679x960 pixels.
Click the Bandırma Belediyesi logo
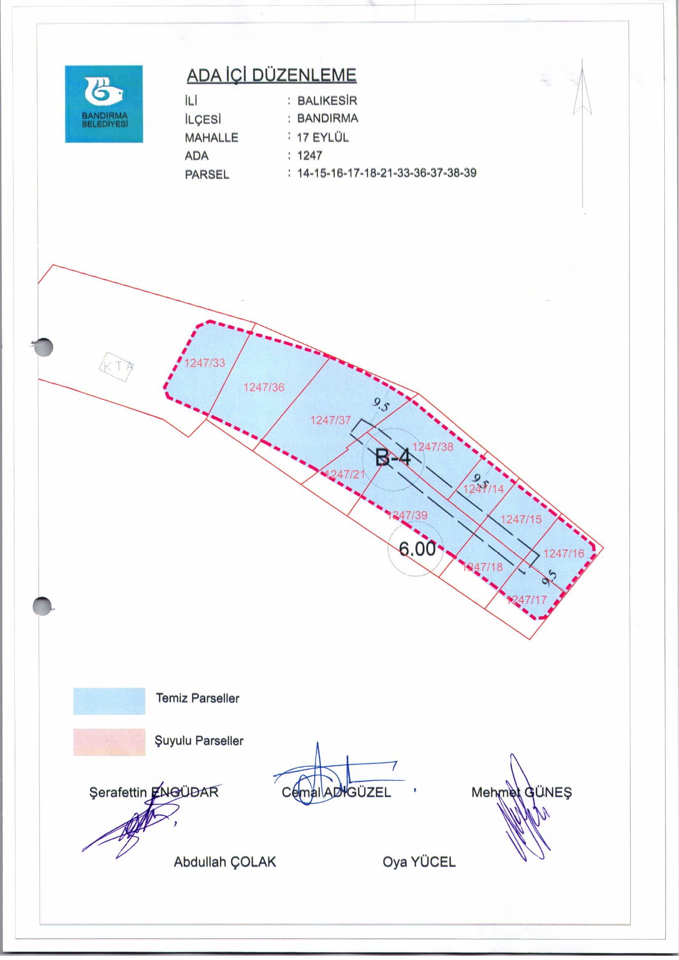[104, 104]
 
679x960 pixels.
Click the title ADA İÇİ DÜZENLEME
[271, 76]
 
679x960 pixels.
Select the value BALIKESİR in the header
[327, 101]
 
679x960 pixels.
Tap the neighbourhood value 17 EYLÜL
[322, 138]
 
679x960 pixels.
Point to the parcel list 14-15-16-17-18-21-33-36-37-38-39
[387, 173]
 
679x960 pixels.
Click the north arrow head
[582, 92]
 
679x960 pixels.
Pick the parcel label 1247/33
[205, 363]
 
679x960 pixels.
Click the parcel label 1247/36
[264, 387]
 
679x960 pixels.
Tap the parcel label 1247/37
[331, 420]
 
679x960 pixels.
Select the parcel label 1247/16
[564, 553]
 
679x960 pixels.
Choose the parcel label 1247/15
[521, 519]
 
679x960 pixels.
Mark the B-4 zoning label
[393, 457]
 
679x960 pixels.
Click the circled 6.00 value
[417, 549]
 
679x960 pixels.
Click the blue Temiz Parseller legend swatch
[109, 701]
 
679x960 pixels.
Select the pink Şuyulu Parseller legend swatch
[109, 742]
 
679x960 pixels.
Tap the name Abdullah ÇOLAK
[225, 862]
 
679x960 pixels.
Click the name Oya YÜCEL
[419, 862]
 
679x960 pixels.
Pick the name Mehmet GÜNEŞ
[521, 792]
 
